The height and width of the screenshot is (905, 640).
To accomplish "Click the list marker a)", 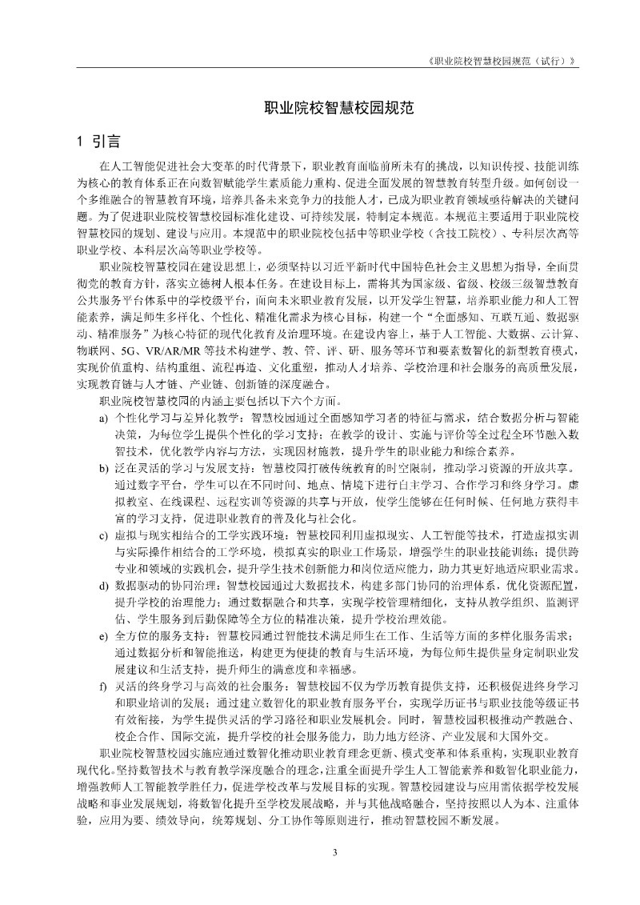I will point(103,418).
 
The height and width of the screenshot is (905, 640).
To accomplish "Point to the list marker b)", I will point(103,468).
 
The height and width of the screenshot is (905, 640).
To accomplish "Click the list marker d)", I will point(103,586).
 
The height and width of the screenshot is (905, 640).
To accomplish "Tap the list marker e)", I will point(103,636).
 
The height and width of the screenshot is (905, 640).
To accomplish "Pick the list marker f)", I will point(103,686).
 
